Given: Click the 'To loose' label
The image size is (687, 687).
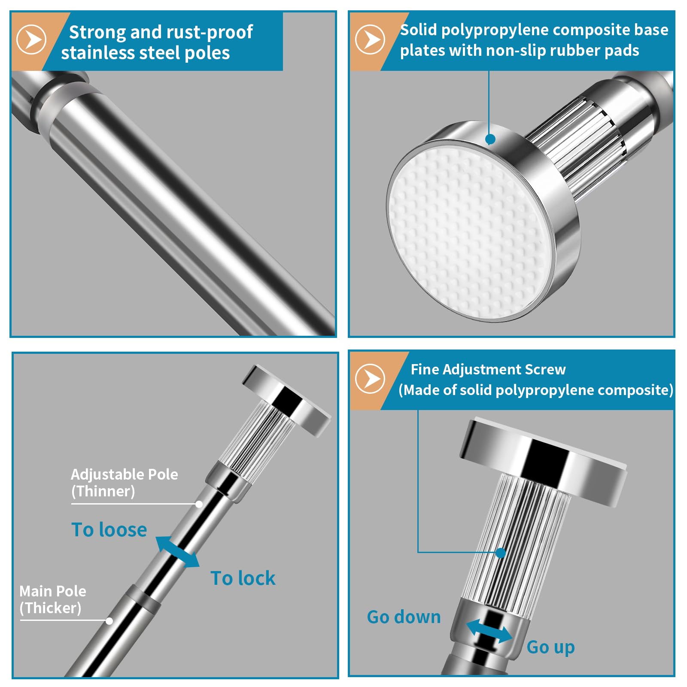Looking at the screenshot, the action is [x=109, y=529].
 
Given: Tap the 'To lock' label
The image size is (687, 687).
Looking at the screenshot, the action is [x=243, y=578].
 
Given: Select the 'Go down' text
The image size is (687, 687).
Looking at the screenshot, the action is [x=404, y=617].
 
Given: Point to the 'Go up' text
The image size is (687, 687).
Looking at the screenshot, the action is [x=551, y=647].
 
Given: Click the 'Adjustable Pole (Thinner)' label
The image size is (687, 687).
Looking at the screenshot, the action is [x=125, y=483].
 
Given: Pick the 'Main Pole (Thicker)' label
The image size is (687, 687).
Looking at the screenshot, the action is [x=53, y=599].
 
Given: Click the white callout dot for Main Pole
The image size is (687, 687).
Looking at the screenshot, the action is [x=109, y=621].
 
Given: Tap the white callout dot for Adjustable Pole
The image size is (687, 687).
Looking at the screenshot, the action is [x=199, y=504].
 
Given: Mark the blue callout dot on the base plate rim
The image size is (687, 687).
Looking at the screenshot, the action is [x=490, y=139].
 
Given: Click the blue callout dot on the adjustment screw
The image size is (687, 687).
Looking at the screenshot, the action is [x=501, y=553].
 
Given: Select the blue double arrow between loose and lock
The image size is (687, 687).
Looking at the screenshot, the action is [x=177, y=552].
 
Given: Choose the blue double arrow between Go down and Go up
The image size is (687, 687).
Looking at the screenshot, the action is [x=489, y=630].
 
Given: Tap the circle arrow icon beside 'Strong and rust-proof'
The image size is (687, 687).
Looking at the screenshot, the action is [x=31, y=40].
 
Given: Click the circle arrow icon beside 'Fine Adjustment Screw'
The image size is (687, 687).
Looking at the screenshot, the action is [x=370, y=379].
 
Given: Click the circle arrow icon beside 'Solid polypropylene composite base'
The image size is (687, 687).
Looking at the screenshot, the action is [x=370, y=40].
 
